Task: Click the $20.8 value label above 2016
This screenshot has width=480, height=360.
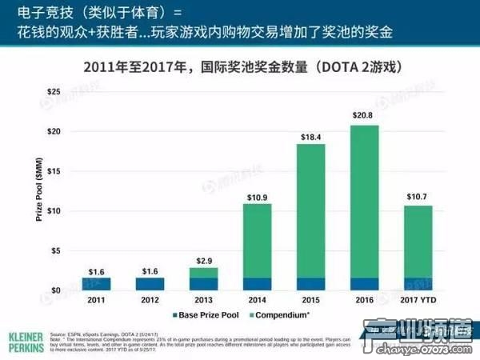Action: coord(364,116)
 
